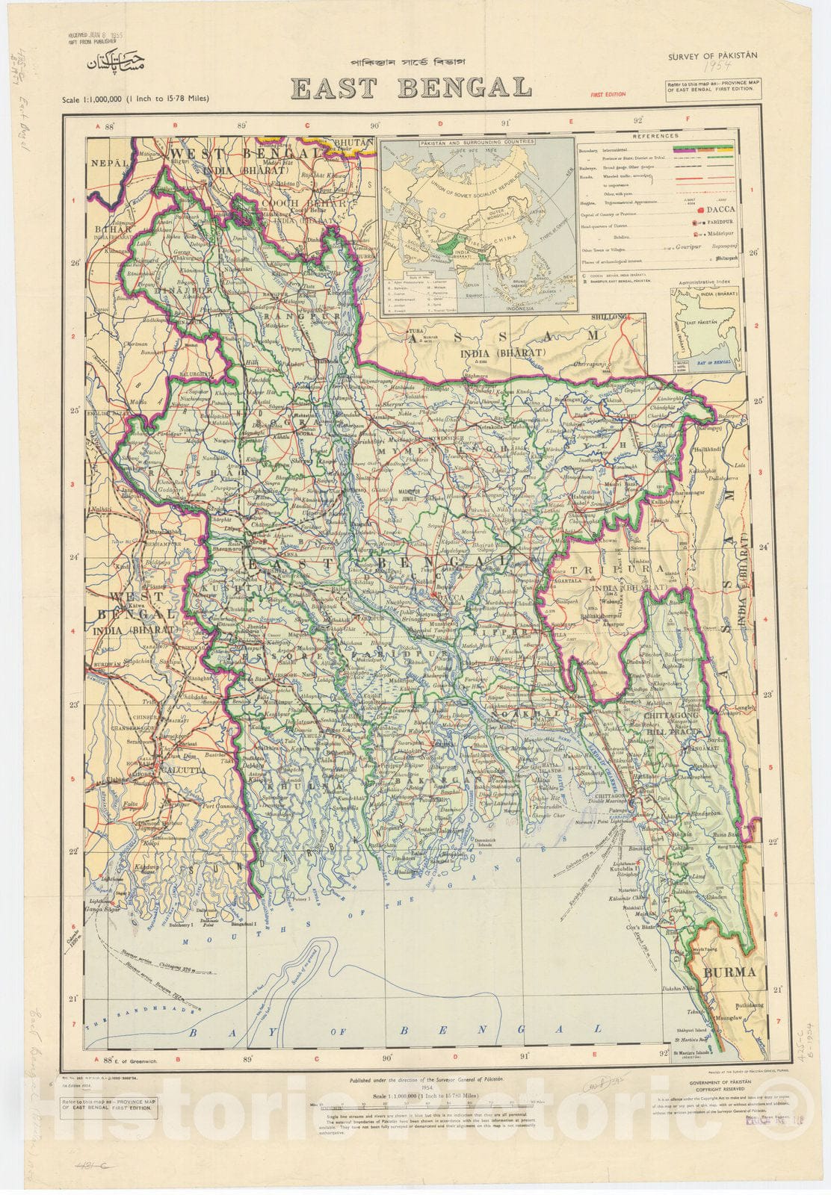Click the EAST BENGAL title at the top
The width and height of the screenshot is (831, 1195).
click(x=411, y=88)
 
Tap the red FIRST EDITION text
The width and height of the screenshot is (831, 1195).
click(x=608, y=95)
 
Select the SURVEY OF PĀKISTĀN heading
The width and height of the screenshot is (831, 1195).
click(x=712, y=55)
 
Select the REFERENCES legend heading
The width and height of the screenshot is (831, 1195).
click(x=655, y=136)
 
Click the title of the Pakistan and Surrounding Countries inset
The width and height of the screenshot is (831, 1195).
click(x=478, y=140)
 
